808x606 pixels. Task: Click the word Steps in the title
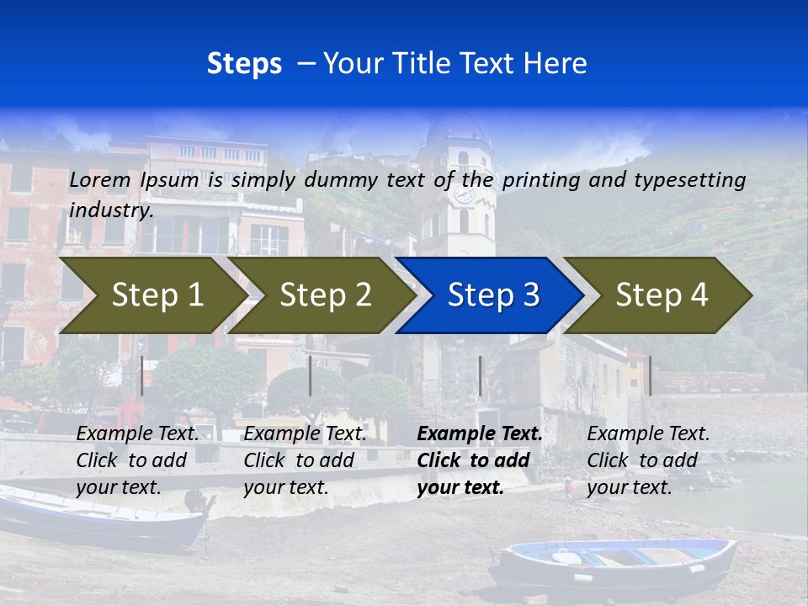[244, 64]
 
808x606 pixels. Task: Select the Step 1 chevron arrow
[151, 295]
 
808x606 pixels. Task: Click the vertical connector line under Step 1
[142, 375]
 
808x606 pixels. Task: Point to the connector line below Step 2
[311, 375]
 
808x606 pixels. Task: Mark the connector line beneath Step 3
[480, 375]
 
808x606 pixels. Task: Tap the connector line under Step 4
[650, 375]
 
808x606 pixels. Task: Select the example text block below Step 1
[137, 460]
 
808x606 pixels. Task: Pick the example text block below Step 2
[305, 460]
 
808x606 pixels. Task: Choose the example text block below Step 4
[648, 460]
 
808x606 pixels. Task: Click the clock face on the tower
[464, 194]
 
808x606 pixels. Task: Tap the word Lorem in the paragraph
[100, 179]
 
